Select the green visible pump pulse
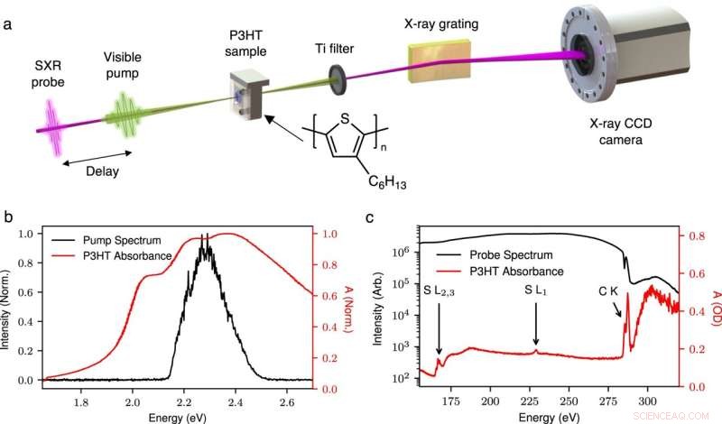coord(121,117)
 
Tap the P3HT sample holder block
coord(247,100)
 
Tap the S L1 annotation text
coord(535,290)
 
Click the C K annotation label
coord(609,290)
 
